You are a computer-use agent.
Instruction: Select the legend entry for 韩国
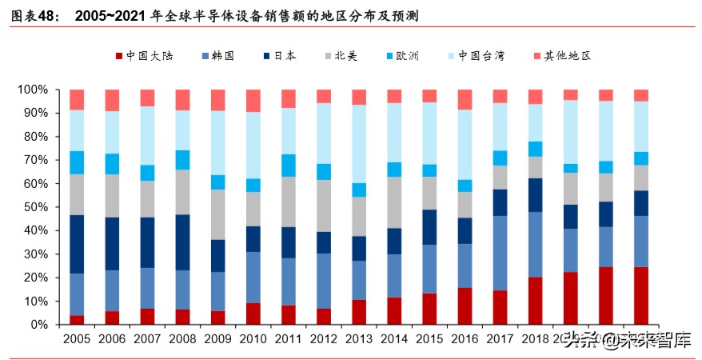pyautogui.click(x=218, y=56)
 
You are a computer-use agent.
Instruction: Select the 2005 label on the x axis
pyautogui.click(x=77, y=340)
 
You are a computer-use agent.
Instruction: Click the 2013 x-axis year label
pyautogui.click(x=359, y=340)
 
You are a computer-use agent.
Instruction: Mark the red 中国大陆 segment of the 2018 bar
pyautogui.click(x=535, y=301)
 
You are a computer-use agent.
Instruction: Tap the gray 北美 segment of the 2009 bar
pyautogui.click(x=217, y=214)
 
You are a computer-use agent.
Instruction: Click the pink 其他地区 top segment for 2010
pyautogui.click(x=253, y=101)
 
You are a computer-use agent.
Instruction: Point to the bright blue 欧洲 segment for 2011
pyautogui.click(x=288, y=166)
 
